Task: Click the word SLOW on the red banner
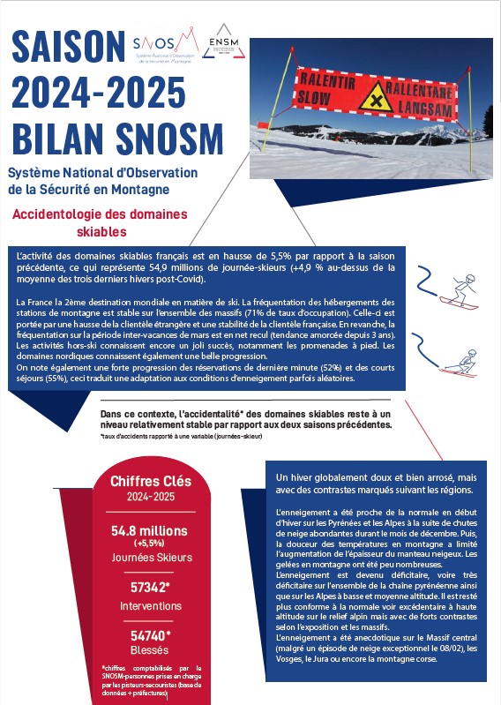click(x=315, y=95)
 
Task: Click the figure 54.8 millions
click(x=148, y=530)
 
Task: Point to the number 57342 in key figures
click(x=148, y=587)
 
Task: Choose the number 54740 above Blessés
click(x=148, y=635)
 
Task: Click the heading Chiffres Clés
click(x=148, y=482)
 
